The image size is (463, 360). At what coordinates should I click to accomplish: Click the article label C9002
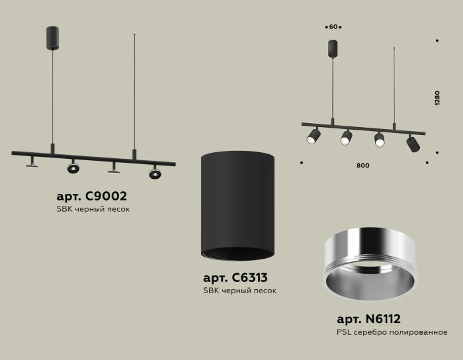92,196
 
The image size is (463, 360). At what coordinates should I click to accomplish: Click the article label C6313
235,278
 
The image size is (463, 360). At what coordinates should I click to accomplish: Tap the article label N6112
368,319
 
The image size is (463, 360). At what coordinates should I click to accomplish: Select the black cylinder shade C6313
237,206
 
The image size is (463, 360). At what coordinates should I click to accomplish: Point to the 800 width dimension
362,165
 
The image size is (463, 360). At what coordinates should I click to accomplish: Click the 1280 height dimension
437,98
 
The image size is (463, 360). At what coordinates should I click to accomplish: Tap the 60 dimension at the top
333,27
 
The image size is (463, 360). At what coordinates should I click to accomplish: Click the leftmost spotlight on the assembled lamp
313,136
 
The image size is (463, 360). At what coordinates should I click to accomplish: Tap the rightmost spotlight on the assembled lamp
412,142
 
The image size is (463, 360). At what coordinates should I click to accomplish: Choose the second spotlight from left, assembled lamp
346,137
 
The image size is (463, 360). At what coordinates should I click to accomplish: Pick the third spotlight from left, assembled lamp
379,139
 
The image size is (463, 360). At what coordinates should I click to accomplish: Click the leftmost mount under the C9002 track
31,161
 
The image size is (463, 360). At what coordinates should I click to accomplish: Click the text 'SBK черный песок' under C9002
93,209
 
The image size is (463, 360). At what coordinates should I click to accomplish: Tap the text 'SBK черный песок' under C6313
239,291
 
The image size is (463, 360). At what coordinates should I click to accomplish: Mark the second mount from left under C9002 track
72,167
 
